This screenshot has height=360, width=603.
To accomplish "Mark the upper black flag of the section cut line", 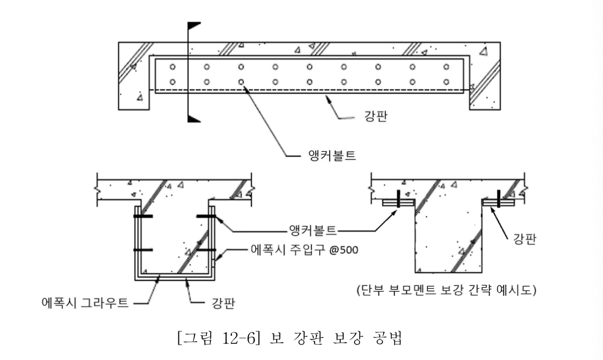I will (x=194, y=27).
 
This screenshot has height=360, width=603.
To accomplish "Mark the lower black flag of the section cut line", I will (x=194, y=117).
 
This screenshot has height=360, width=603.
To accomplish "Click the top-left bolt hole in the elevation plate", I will (x=172, y=67).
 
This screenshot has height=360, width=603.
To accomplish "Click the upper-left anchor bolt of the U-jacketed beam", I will (x=143, y=217).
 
